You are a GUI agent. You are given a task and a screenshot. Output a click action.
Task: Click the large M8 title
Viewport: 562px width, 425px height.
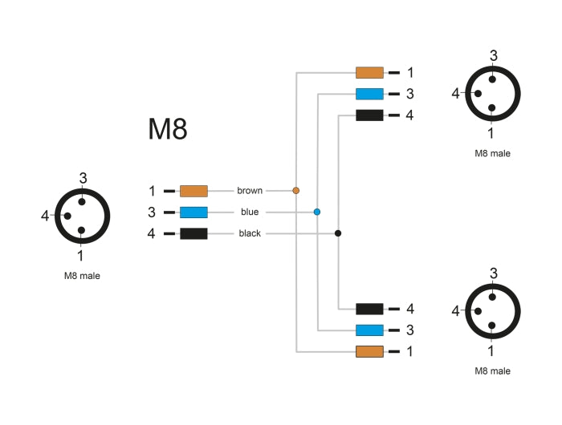tap(168, 129)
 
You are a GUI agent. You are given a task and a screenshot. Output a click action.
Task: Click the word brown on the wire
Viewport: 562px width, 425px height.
tap(250, 191)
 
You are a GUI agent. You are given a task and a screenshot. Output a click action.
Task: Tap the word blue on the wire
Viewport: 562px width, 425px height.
tap(250, 212)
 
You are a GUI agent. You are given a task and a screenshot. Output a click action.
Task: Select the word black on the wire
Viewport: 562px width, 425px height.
tap(250, 233)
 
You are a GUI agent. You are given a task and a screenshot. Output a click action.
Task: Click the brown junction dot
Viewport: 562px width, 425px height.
tap(296, 191)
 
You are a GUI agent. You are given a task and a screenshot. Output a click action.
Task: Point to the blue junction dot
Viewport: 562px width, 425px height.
tap(317, 212)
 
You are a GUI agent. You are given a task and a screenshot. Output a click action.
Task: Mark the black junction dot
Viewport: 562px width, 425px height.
tap(338, 233)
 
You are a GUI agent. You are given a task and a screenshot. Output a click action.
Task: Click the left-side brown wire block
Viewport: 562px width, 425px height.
tap(193, 191)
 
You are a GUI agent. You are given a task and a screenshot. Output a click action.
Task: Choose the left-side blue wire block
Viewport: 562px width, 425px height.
tap(193, 212)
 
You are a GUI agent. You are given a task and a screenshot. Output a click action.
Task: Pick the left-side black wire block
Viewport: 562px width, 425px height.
tap(193, 233)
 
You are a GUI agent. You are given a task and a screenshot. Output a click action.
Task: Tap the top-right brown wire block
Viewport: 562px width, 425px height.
tap(369, 72)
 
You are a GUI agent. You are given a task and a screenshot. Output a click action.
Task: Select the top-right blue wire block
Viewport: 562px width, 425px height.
tap(369, 94)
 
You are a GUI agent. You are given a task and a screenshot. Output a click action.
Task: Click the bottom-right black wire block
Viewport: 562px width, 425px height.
tap(369, 309)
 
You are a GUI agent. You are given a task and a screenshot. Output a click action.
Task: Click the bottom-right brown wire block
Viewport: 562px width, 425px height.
tap(369, 351)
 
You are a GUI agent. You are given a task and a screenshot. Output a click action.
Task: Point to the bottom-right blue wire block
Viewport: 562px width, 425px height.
tap(369, 330)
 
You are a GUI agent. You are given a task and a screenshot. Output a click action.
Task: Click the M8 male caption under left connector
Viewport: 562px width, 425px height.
tap(82, 275)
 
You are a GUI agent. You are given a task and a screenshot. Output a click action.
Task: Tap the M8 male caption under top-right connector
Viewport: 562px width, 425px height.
tap(492, 153)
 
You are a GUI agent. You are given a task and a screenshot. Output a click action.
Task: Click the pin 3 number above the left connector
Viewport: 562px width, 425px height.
tap(83, 177)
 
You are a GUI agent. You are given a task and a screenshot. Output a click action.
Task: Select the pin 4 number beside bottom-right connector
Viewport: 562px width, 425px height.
tap(456, 311)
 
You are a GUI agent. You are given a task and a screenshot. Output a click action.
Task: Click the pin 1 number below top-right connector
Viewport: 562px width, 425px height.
tap(491, 133)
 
